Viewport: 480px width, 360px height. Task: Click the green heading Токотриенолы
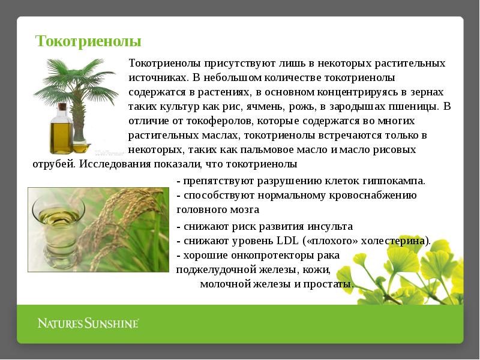click(88, 41)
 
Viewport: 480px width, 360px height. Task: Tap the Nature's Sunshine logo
click(88, 323)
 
